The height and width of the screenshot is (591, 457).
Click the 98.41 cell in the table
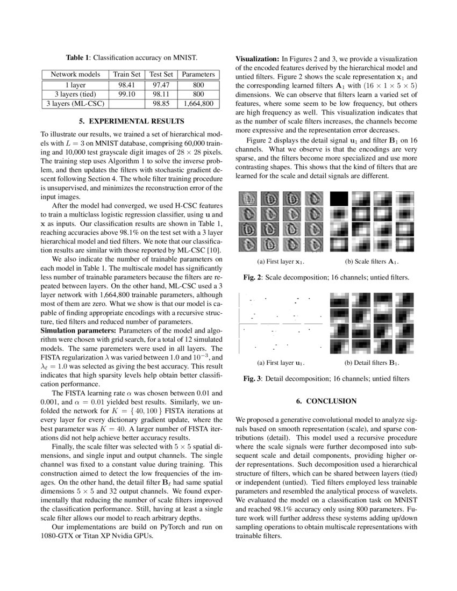(125, 84)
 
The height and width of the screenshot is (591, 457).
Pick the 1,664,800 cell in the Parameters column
(198, 103)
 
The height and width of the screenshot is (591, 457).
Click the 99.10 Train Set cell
(125, 93)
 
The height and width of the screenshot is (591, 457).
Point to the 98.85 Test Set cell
(161, 103)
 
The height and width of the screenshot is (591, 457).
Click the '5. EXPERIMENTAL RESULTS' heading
(131, 121)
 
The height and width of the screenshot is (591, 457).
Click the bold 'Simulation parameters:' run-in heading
(78, 330)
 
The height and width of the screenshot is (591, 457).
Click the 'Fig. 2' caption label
(252, 277)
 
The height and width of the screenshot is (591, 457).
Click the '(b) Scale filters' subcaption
(372, 262)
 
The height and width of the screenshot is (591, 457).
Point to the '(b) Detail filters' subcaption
(372, 363)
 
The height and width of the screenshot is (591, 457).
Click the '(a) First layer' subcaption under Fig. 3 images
(280, 363)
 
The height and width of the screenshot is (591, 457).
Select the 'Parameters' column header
(198, 74)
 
